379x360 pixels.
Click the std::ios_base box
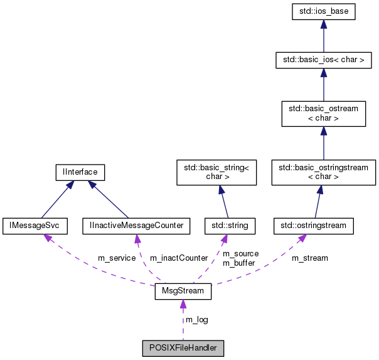pyautogui.click(x=323, y=12)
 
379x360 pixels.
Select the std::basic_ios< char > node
pyautogui.click(x=323, y=60)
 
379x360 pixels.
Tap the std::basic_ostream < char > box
pyautogui.click(x=323, y=113)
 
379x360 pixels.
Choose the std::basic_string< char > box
pyautogui.click(x=216, y=172)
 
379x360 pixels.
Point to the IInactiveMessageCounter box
pyautogui.click(x=136, y=225)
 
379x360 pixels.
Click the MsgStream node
pyautogui.click(x=183, y=292)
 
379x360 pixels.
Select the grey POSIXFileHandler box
pyautogui.click(x=183, y=347)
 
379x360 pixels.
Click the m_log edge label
pyautogui.click(x=197, y=320)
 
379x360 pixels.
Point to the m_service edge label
pyautogui.click(x=117, y=258)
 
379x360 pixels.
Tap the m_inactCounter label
pyautogui.click(x=178, y=258)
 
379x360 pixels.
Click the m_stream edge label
pyautogui.click(x=311, y=258)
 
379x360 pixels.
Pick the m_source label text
pyautogui.click(x=241, y=253)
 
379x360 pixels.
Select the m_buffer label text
pyautogui.click(x=239, y=263)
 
